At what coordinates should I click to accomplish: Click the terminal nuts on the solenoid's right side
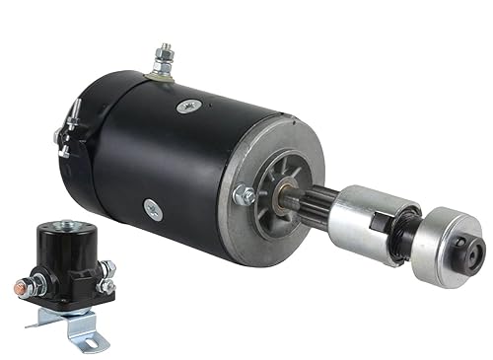click(106, 276)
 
